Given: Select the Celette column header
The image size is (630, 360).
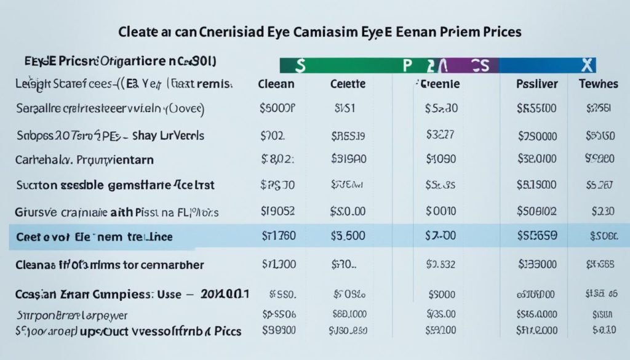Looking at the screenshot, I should click(348, 84).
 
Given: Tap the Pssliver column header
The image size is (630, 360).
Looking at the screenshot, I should click(537, 84).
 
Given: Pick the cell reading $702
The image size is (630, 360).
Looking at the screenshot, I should click(274, 135).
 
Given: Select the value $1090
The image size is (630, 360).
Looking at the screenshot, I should click(441, 159).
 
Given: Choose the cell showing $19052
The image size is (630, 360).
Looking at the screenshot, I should click(277, 212).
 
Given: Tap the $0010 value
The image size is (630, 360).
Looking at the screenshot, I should click(441, 212).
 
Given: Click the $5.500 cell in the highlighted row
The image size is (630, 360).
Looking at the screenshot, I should click(348, 236).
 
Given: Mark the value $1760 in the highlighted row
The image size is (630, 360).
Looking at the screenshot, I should click(278, 236).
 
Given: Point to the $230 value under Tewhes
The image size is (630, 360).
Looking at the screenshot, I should click(603, 212).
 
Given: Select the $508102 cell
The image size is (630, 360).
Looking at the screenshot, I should click(537, 212).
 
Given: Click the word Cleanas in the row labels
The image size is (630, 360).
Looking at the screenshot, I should click(36, 266).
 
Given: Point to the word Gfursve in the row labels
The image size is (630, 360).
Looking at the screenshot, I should click(36, 212).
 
